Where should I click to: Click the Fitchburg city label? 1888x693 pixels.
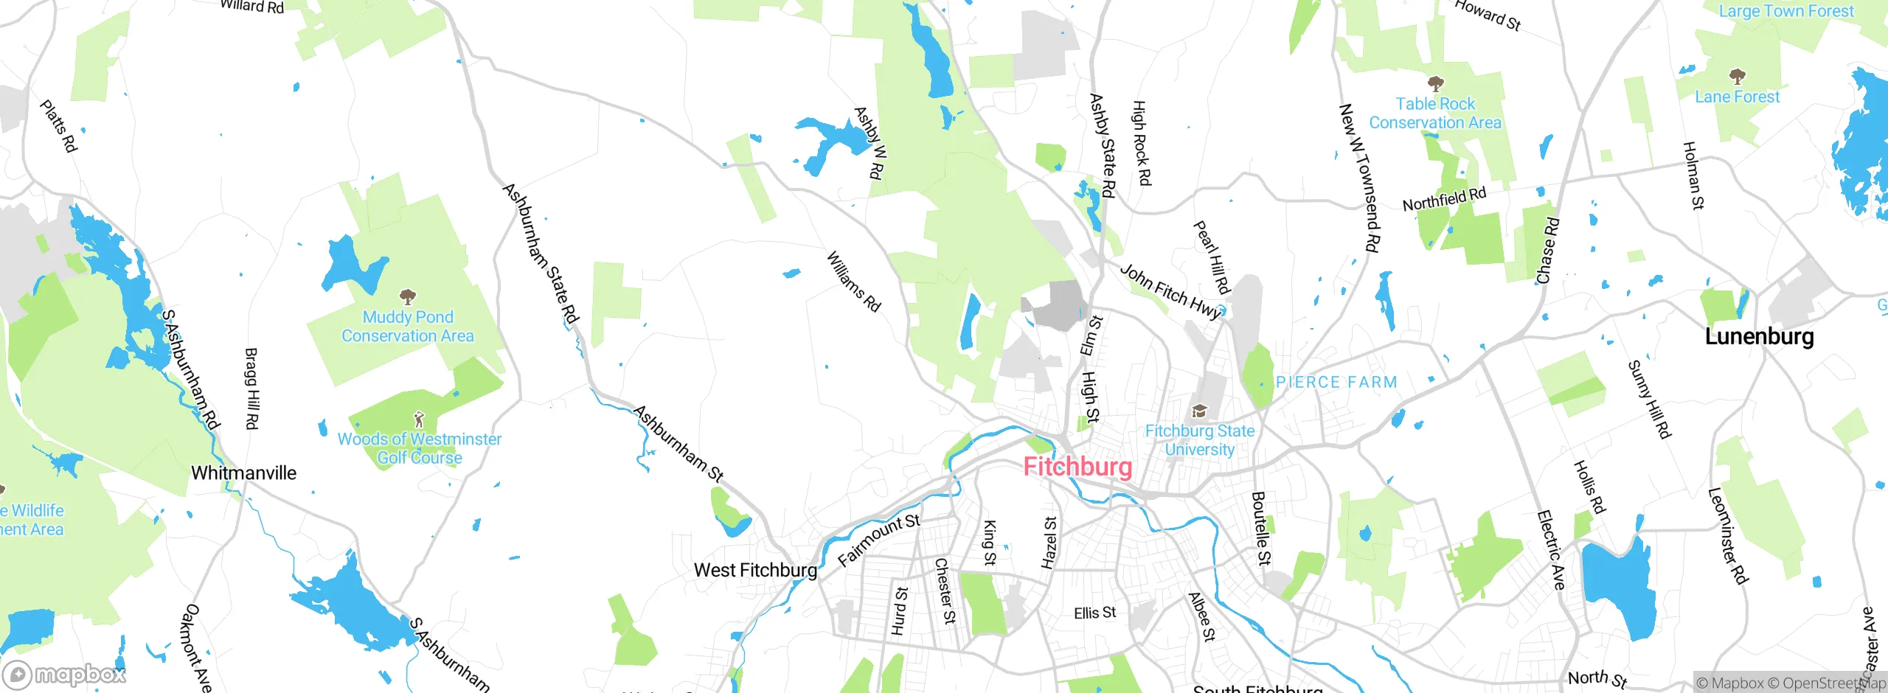pyautogui.click(x=1077, y=467)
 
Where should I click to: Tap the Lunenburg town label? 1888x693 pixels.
pyautogui.click(x=1759, y=336)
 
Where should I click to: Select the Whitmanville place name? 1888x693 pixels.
pyautogui.click(x=243, y=473)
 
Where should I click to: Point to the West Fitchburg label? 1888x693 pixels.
pyautogui.click(x=755, y=570)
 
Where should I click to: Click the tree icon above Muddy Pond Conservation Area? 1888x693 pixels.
pyautogui.click(x=407, y=297)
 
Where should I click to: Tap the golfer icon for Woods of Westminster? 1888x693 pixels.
pyautogui.click(x=419, y=419)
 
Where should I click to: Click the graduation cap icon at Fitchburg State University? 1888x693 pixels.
pyautogui.click(x=1199, y=411)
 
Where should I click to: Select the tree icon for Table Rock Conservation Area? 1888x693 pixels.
pyautogui.click(x=1435, y=83)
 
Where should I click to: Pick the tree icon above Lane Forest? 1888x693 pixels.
pyautogui.click(x=1737, y=76)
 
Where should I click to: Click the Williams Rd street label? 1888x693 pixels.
pyautogui.click(x=853, y=282)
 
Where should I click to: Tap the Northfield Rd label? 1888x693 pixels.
pyautogui.click(x=1443, y=199)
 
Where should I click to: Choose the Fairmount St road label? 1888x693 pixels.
pyautogui.click(x=879, y=540)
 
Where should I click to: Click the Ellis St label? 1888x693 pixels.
pyautogui.click(x=1094, y=613)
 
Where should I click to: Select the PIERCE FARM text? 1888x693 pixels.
pyautogui.click(x=1336, y=382)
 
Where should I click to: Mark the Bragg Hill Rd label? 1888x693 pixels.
pyautogui.click(x=251, y=389)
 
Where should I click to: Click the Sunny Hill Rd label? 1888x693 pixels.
pyautogui.click(x=1649, y=399)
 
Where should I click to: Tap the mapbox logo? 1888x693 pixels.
pyautogui.click(x=65, y=675)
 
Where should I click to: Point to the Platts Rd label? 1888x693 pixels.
pyautogui.click(x=58, y=126)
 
